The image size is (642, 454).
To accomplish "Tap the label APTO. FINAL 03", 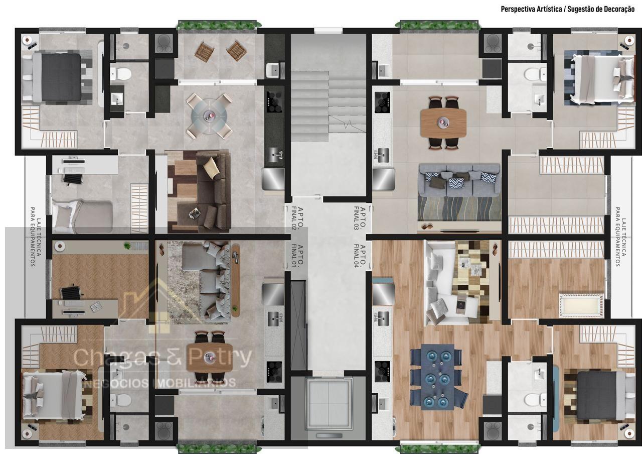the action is [x=360, y=218].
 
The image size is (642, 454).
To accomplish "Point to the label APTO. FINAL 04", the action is [x=360, y=256].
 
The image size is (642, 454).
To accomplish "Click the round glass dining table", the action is [x=209, y=116].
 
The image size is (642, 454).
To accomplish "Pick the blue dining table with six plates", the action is [x=437, y=377].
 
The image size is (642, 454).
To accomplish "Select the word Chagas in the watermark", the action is [x=116, y=357].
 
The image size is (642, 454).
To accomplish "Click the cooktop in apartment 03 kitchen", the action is [x=382, y=102].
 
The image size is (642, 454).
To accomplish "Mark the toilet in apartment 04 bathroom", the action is [x=535, y=399].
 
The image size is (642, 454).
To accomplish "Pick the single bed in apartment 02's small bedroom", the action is [x=82, y=216].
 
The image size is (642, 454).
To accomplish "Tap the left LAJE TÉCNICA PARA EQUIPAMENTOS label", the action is [x=36, y=237].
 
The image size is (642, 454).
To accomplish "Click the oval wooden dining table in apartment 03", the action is [x=443, y=123].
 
